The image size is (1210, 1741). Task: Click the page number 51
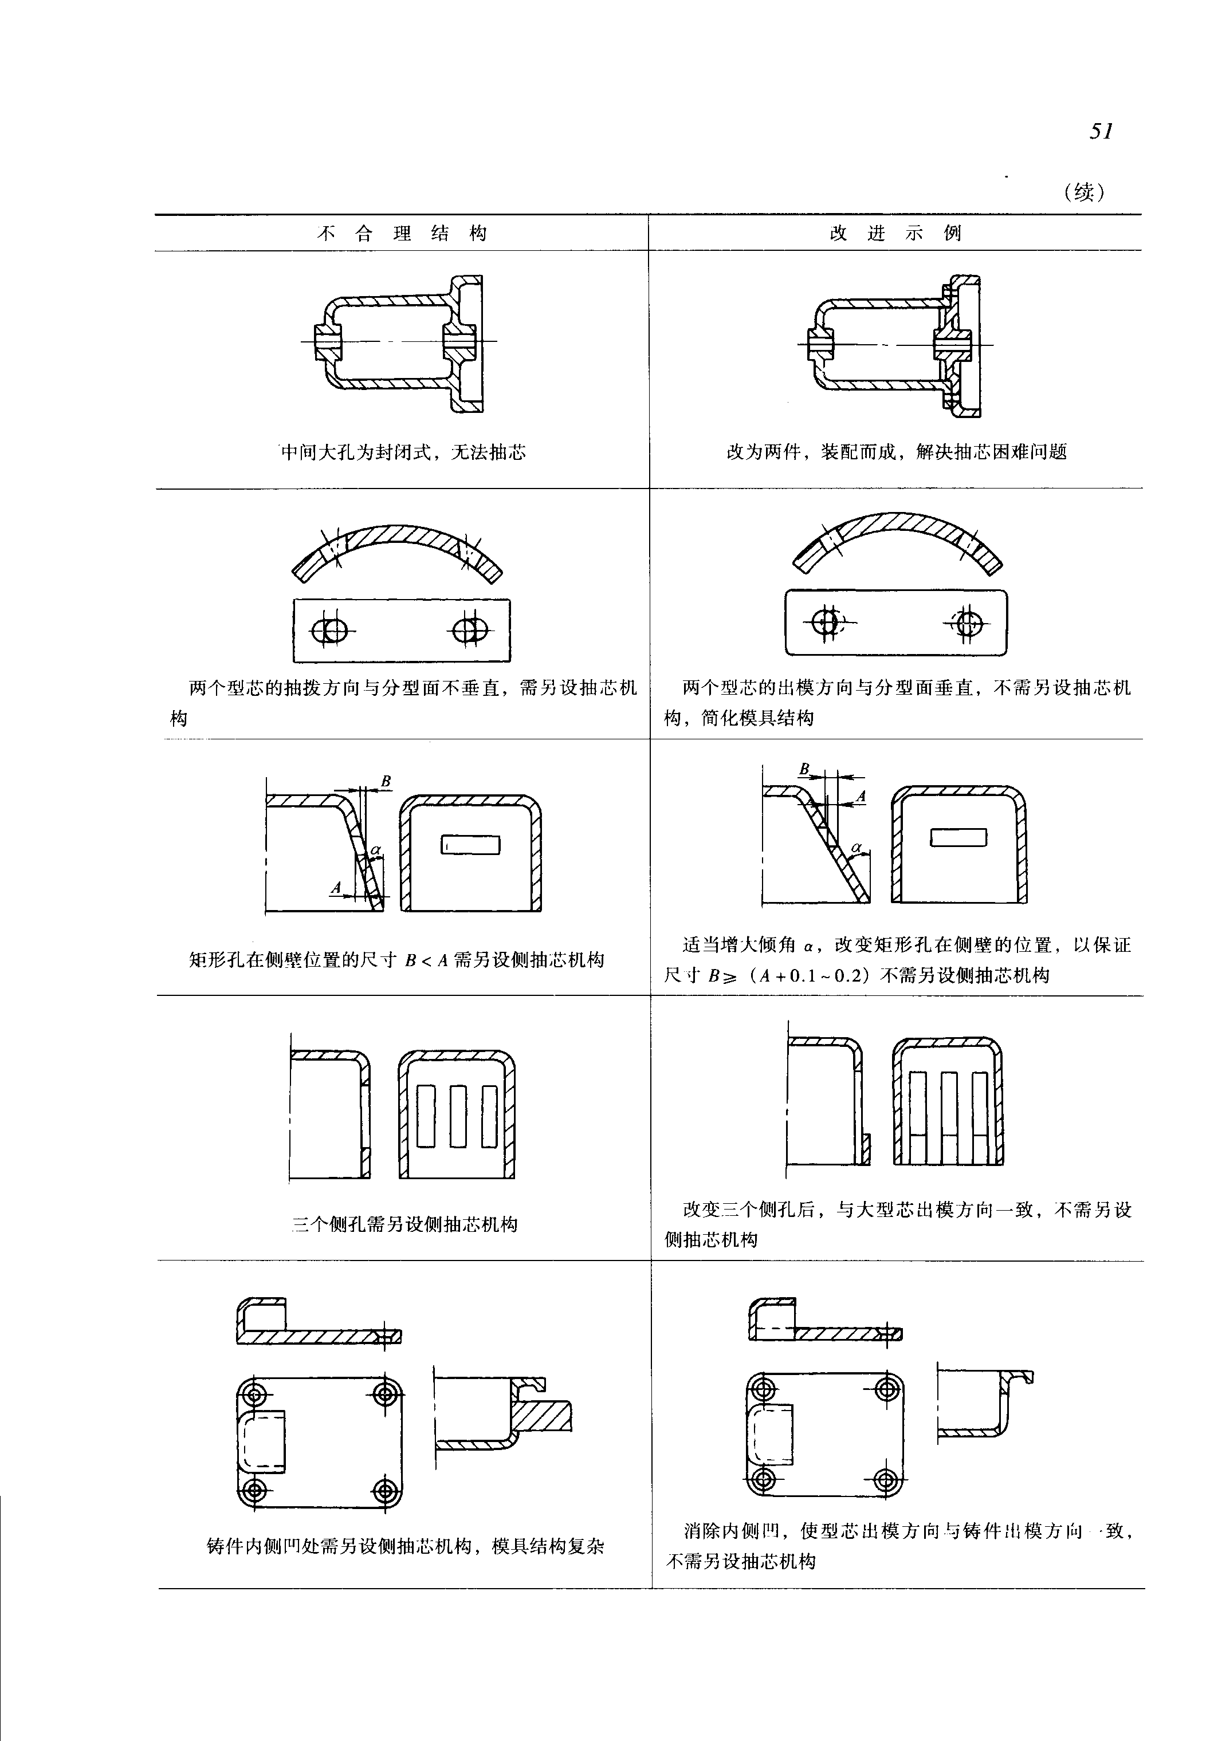tap(1101, 131)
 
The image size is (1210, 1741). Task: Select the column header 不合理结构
tap(402, 234)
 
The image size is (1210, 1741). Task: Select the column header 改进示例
tap(895, 234)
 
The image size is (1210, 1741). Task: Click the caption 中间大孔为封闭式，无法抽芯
tap(403, 452)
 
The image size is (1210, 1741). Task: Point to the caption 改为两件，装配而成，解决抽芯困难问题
tap(897, 452)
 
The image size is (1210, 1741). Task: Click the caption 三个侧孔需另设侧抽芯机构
tap(405, 1224)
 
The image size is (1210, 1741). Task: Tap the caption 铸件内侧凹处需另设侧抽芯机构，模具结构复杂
tap(406, 1546)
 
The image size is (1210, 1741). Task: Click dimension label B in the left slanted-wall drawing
tap(386, 781)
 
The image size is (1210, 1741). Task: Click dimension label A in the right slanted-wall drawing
tap(861, 797)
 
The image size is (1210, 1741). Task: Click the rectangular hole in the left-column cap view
tap(471, 844)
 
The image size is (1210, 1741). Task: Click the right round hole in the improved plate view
tap(969, 623)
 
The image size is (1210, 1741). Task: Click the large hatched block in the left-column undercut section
tap(543, 1415)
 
